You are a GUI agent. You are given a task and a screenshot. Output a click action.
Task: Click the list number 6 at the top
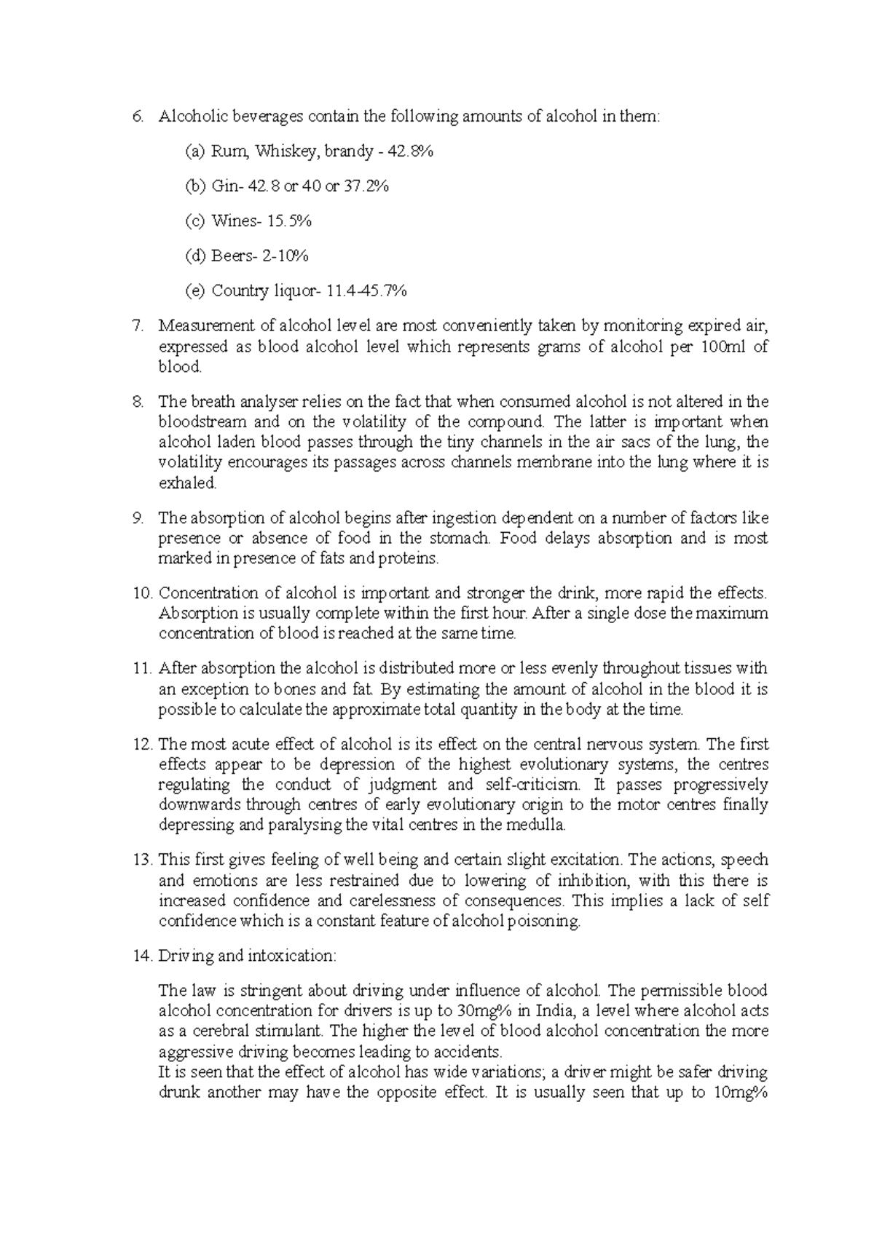tap(138, 116)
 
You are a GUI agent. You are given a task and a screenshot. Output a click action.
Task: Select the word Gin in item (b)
tap(224, 186)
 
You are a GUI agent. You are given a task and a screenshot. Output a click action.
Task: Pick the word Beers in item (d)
tap(230, 256)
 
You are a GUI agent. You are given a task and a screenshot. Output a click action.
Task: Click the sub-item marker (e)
tap(194, 291)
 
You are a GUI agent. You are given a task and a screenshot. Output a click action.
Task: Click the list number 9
tap(138, 518)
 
